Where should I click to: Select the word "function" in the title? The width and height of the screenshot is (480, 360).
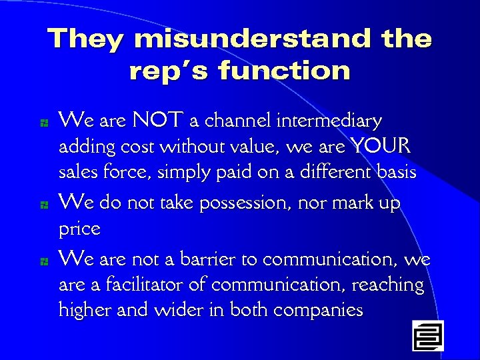[284, 70]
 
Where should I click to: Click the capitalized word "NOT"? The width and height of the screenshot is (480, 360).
[159, 121]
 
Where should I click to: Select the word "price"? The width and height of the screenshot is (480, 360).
[79, 229]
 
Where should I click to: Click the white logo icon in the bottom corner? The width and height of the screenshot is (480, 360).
[427, 335]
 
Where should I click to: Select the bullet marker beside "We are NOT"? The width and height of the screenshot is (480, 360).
[42, 123]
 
